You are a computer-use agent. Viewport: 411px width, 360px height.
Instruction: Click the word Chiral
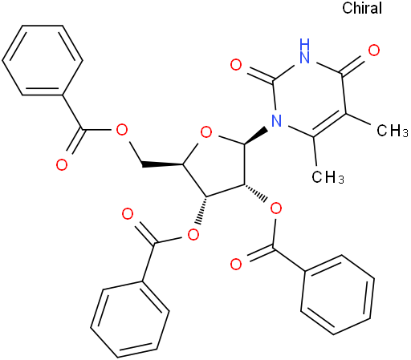[x=362, y=8]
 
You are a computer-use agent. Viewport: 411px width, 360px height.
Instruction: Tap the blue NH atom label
[x=305, y=51]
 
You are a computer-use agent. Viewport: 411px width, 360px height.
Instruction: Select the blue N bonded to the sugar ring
[x=277, y=121]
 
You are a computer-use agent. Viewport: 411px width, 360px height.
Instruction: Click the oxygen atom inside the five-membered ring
[x=206, y=132]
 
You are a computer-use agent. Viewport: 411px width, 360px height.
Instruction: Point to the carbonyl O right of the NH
[x=374, y=51]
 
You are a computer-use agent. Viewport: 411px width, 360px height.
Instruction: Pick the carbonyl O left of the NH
[x=236, y=65]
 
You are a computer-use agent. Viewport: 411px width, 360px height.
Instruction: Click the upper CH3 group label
[x=393, y=131]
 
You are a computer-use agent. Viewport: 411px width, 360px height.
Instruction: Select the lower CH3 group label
[x=328, y=177]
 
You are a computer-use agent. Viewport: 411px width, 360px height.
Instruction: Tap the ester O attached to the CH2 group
[x=122, y=130]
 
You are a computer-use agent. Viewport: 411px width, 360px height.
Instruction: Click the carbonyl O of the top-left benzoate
[x=62, y=165]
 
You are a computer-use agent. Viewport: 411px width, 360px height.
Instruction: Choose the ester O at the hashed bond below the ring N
[x=276, y=209]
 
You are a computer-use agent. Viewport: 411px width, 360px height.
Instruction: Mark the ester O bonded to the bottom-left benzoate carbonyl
[x=193, y=235]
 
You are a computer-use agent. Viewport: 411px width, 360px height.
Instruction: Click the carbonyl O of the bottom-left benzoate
[x=128, y=214]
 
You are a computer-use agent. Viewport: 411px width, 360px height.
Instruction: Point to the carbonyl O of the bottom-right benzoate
[x=236, y=264]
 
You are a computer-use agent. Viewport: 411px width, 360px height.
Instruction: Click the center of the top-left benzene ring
[x=43, y=60]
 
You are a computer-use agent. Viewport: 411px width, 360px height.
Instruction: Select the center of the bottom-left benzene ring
[x=130, y=319]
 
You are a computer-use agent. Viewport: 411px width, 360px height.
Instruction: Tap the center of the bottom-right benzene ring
[x=338, y=295]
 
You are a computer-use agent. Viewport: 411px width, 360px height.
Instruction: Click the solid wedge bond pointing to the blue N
[x=256, y=136]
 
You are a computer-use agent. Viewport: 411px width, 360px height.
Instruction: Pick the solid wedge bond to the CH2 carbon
[x=162, y=164]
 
